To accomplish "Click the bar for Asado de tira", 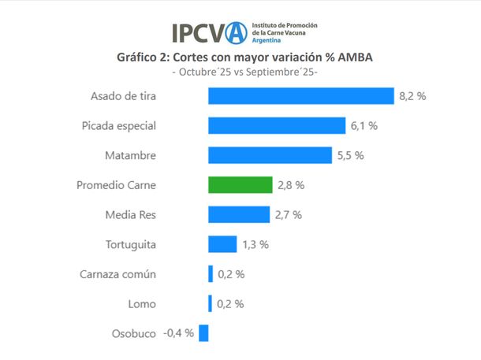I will click(x=300, y=96).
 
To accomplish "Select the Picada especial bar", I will click(x=277, y=126).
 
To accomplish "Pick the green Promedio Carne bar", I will click(x=240, y=185).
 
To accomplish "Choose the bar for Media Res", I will click(x=239, y=214).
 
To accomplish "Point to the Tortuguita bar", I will click(x=222, y=244).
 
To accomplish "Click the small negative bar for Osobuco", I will click(x=203, y=333).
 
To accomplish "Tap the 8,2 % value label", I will click(x=412, y=96).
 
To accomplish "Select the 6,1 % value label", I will click(x=364, y=126).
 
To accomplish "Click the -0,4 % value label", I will click(x=178, y=333).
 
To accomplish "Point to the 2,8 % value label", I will click(x=289, y=185).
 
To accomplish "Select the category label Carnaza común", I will click(x=118, y=274).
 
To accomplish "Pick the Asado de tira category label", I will click(x=122, y=96).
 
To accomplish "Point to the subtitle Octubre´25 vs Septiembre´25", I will click(x=244, y=72).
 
